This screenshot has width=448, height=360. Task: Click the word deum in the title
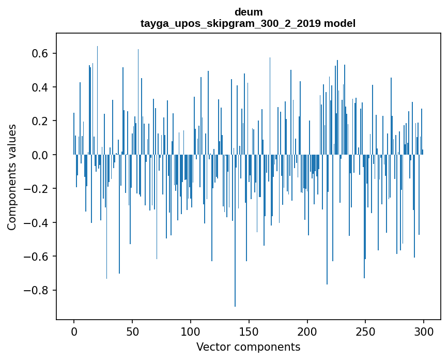(248, 12)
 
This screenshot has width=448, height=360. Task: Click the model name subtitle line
(248, 23)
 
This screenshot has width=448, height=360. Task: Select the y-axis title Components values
(11, 177)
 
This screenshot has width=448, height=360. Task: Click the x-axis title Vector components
(248, 347)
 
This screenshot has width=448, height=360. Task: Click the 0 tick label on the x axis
(74, 331)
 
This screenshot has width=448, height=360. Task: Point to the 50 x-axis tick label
(132, 331)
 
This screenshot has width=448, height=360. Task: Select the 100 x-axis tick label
(191, 331)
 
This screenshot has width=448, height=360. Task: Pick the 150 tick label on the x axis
(249, 331)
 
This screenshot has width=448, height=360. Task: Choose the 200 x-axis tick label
(307, 331)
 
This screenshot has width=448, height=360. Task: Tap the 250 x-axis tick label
(366, 331)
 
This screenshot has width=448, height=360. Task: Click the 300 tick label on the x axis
(424, 331)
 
